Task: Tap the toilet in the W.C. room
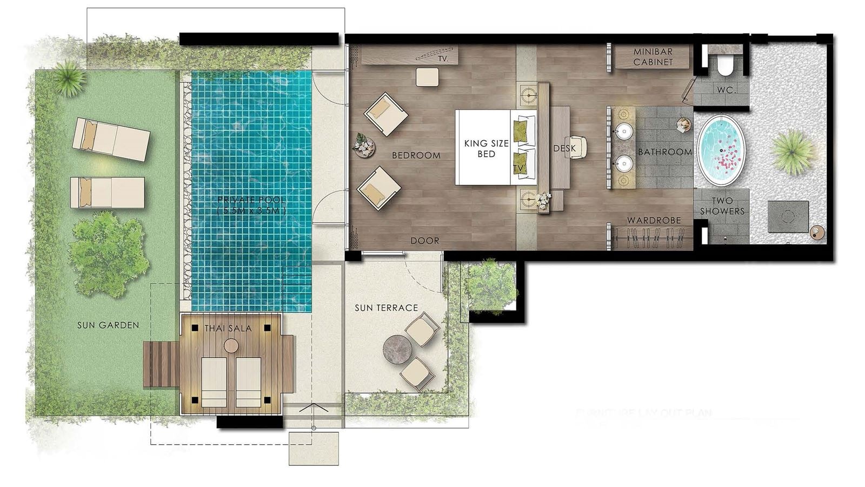click(x=726, y=67)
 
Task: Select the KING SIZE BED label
click(x=486, y=149)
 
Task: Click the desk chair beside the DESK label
click(x=576, y=147)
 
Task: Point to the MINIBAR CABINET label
click(x=653, y=57)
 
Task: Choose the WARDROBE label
click(x=653, y=221)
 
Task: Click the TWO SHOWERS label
click(x=722, y=206)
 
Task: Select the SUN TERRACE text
click(x=386, y=308)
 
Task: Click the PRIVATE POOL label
click(x=251, y=205)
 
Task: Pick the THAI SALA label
click(x=228, y=328)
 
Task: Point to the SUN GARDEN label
click(x=108, y=325)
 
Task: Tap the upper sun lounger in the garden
click(x=111, y=139)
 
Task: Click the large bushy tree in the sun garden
click(x=108, y=253)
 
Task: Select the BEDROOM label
click(x=416, y=155)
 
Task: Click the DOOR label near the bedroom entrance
click(x=424, y=241)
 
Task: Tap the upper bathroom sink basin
click(x=624, y=131)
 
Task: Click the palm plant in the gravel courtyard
click(x=793, y=152)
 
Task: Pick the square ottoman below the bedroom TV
click(x=427, y=76)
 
